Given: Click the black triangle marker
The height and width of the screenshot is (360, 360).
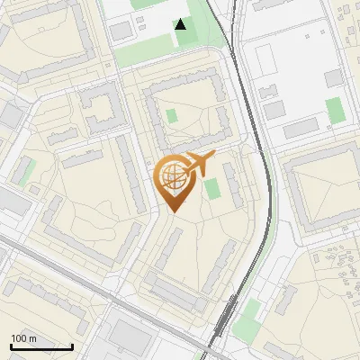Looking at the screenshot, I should click(x=181, y=24).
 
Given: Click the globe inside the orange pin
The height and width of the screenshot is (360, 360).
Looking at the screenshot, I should click(x=175, y=179).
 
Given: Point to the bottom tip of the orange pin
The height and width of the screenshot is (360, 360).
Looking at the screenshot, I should click(x=175, y=212).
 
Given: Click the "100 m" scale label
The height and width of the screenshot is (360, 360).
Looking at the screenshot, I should click(x=23, y=337).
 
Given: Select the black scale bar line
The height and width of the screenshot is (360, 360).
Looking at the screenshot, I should click(x=41, y=346).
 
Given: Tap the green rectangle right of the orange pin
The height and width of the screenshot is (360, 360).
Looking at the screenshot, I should click(x=212, y=190).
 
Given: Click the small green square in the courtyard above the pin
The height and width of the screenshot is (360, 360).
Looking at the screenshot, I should click(x=172, y=117).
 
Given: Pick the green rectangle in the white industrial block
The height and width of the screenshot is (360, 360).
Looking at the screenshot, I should click(x=334, y=111).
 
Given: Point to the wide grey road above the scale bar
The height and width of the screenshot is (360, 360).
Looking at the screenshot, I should click(x=54, y=270).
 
